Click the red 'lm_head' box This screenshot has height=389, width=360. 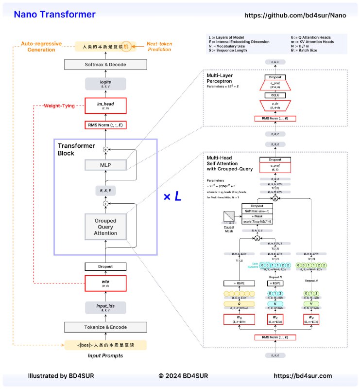105,105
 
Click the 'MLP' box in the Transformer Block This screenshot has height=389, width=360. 105,165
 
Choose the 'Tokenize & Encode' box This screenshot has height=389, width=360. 105,327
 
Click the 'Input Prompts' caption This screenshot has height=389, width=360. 105,356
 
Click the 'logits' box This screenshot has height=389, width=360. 105,84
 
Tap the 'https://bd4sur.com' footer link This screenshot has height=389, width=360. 303,375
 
